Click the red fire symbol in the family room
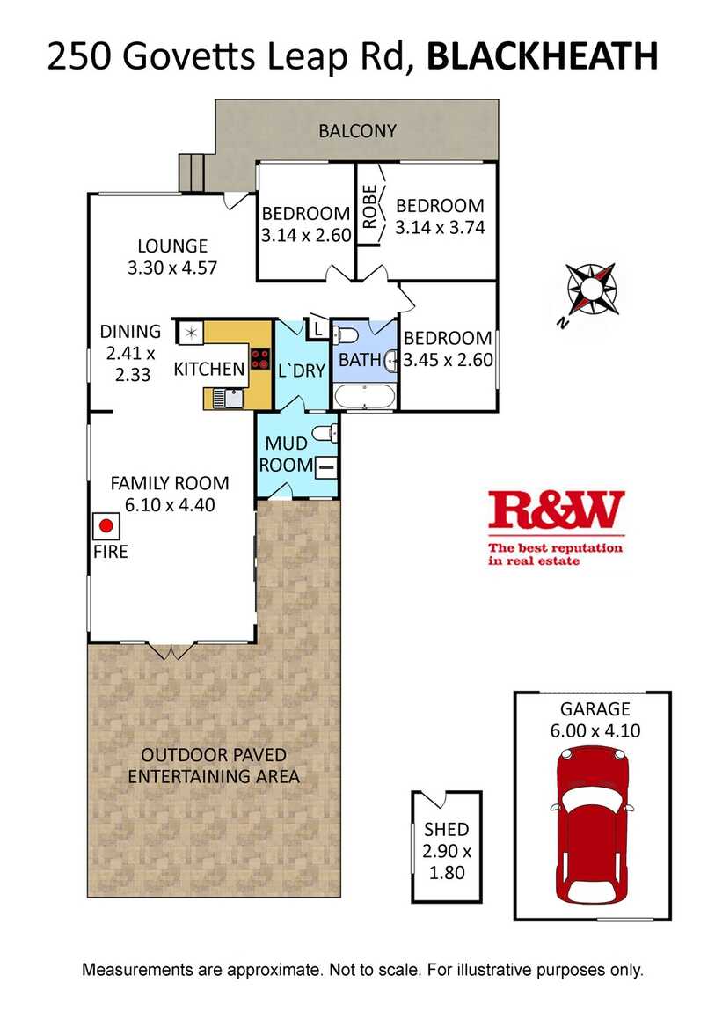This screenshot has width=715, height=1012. point(106,526)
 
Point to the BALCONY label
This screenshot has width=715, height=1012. point(357,131)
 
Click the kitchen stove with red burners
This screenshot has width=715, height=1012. point(259,359)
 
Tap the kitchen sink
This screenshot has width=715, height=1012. point(226,399)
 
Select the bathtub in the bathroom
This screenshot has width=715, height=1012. point(364,397)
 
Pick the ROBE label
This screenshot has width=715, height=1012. point(369,207)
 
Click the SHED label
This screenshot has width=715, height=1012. point(446,829)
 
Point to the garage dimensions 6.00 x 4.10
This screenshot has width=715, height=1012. point(595,730)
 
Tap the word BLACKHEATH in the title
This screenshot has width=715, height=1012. point(543,56)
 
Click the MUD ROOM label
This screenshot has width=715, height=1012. point(286,454)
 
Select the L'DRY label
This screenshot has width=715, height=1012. point(301,371)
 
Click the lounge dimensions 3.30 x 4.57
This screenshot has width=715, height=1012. point(172,268)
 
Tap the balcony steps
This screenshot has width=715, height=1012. point(192,173)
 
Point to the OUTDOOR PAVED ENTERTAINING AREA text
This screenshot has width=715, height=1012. point(214,766)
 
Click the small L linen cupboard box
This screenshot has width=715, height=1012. point(317,328)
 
